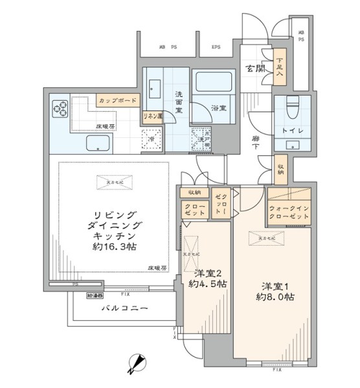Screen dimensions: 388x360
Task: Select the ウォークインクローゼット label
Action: point(289,213)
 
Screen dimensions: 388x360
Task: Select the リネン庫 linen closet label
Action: point(152,116)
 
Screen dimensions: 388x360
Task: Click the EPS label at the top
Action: point(216,47)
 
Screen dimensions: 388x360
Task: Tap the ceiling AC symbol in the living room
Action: point(109,183)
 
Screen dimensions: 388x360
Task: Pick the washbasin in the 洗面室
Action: point(155,87)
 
